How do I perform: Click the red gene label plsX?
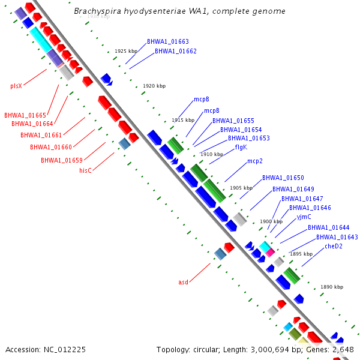(x=16, y=86)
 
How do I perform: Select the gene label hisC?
(x=86, y=170)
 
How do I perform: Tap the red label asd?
(x=184, y=282)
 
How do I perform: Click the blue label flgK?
(x=241, y=147)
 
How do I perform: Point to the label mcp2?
(x=255, y=161)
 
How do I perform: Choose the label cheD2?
(x=334, y=246)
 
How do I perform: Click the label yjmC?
(x=304, y=217)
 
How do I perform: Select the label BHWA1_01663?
(x=168, y=42)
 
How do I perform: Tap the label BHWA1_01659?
(x=62, y=160)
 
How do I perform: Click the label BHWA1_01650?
(x=283, y=178)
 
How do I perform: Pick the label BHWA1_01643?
(x=337, y=237)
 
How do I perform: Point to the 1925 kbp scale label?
(x=126, y=52)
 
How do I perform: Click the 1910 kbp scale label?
(x=212, y=154)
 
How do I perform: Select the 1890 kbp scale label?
(x=332, y=287)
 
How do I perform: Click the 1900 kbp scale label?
(x=271, y=221)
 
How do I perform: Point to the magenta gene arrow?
(x=271, y=253)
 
